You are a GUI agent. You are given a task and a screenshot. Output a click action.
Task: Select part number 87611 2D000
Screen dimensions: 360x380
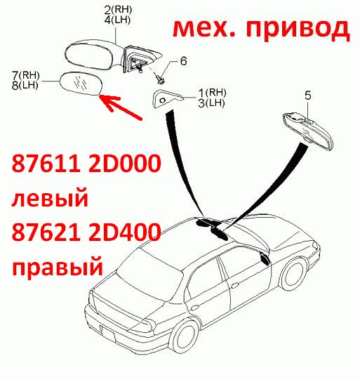tap(86, 163)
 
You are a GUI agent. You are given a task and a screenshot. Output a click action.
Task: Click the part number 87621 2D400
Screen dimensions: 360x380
tap(86, 232)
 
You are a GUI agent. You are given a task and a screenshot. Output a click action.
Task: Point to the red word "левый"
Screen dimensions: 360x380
tap(50, 198)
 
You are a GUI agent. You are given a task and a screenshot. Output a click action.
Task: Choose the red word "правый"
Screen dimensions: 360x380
tap(58, 268)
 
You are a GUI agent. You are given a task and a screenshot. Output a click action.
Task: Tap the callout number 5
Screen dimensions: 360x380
tap(307, 96)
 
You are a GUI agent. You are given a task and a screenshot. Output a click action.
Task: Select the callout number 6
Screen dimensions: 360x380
tap(184, 60)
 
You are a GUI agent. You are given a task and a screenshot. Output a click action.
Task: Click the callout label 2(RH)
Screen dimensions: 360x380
tap(118, 9)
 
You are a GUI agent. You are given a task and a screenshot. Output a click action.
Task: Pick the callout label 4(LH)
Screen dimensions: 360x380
tap(118, 20)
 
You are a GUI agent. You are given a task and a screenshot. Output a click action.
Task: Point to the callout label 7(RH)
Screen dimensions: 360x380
tap(26, 75)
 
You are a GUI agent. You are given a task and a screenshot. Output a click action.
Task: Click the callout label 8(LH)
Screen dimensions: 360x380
tap(25, 85)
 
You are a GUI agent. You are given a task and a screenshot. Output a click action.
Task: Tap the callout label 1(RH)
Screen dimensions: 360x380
tap(213, 92)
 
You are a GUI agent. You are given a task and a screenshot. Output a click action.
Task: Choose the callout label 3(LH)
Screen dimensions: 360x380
tap(212, 103)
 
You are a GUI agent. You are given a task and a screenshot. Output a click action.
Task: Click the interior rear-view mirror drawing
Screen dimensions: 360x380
tap(309, 129)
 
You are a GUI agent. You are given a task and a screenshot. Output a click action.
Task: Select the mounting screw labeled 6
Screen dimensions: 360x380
tap(159, 79)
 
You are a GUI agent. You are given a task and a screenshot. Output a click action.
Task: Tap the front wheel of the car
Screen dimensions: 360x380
tap(293, 274)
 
